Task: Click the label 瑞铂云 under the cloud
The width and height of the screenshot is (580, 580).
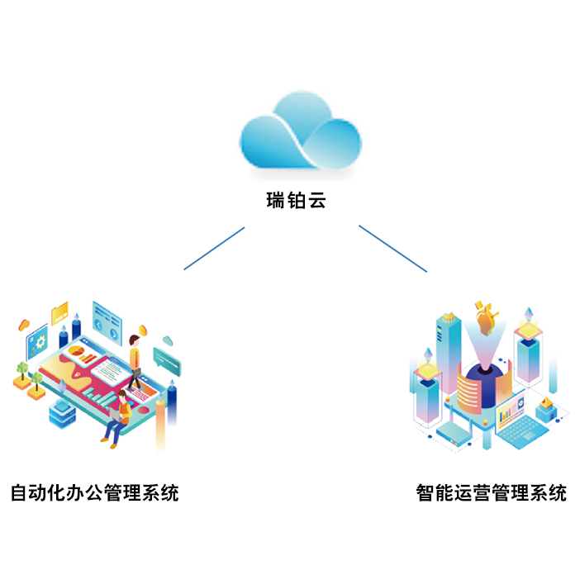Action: click(x=296, y=201)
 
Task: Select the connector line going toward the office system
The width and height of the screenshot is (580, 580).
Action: click(x=214, y=248)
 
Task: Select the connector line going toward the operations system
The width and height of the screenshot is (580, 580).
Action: click(x=392, y=248)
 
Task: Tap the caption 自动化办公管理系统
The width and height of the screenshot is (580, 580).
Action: click(x=94, y=494)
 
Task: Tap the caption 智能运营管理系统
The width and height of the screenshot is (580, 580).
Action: click(x=492, y=494)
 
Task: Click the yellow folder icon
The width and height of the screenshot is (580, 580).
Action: click(x=59, y=312)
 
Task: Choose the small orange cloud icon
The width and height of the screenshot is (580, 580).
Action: click(x=24, y=323)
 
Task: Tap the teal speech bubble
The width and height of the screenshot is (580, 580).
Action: click(x=165, y=359)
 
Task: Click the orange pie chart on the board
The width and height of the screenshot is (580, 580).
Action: click(x=77, y=351)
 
